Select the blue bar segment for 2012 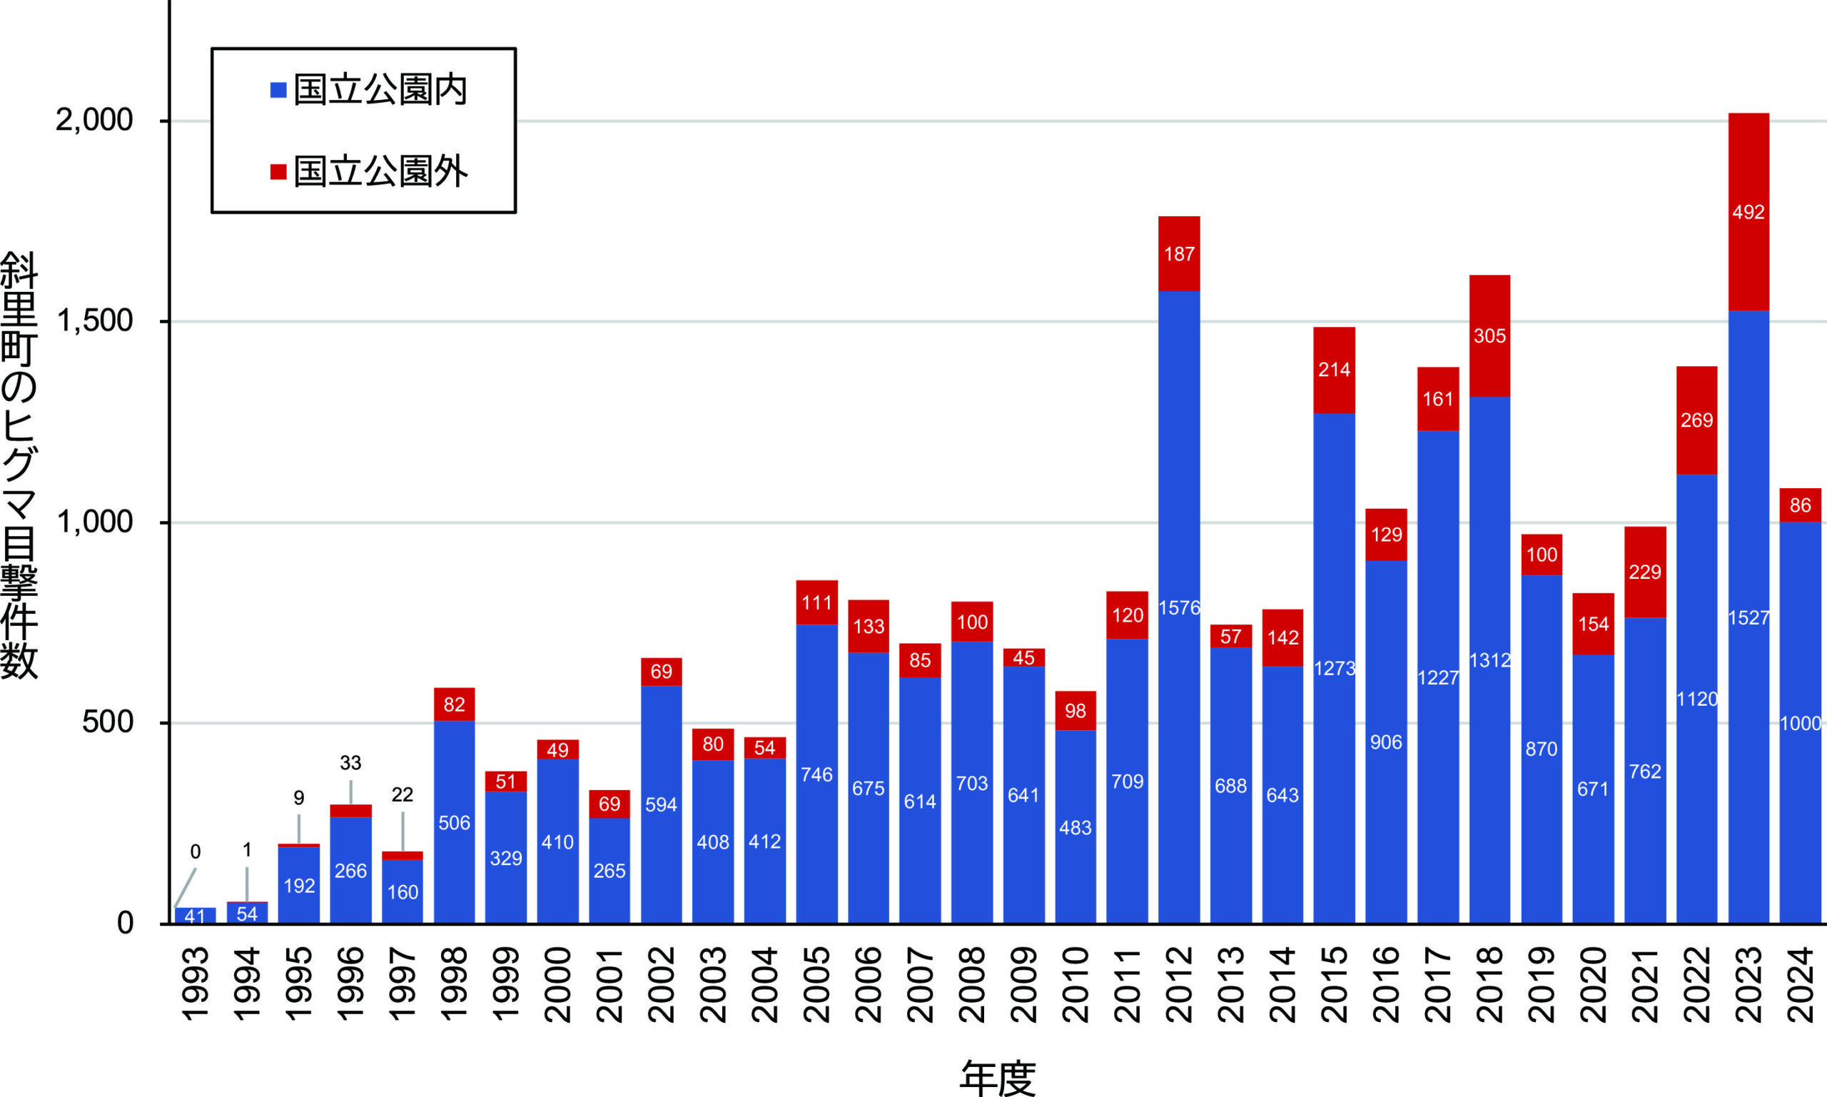[1179, 739]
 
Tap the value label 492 [1748, 213]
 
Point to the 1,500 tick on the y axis [95, 321]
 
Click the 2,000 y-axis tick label [95, 120]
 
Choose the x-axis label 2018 [1489, 985]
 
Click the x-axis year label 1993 [195, 985]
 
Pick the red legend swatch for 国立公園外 [278, 172]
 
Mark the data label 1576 [1179, 608]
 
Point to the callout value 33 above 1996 [350, 763]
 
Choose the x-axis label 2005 [816, 985]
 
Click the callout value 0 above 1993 [195, 851]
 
